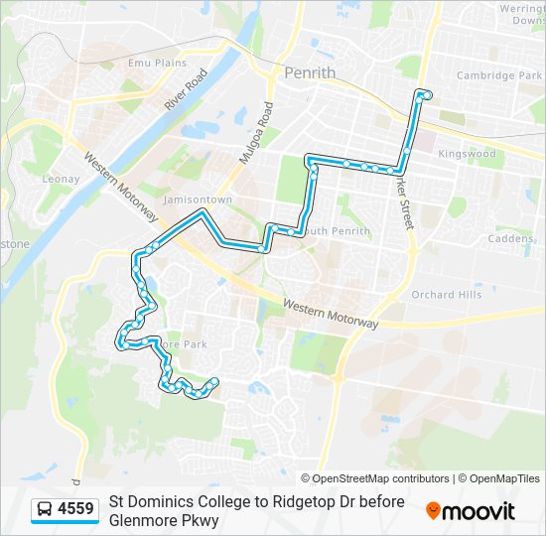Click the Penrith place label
tap(310, 72)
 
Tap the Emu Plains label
tap(157, 63)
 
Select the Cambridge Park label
tap(498, 75)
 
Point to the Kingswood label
tap(467, 154)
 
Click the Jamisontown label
tap(198, 200)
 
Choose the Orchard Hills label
tap(446, 295)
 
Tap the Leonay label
tap(61, 179)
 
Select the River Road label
tap(187, 90)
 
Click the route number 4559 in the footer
tap(75, 510)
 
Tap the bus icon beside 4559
tap(45, 510)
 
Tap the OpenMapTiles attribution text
tap(501, 478)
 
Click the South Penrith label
tap(336, 231)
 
